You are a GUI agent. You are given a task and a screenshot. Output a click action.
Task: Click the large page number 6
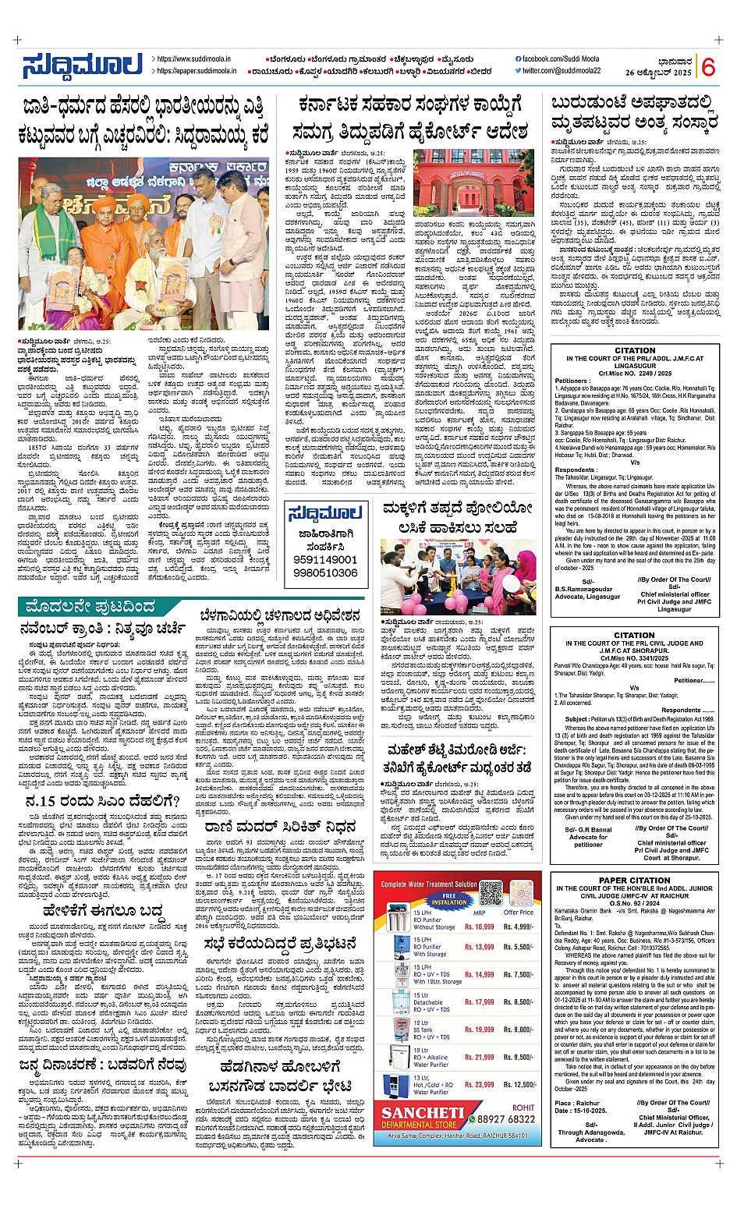tap(708, 67)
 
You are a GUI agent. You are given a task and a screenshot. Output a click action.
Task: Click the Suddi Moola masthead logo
tap(83, 66)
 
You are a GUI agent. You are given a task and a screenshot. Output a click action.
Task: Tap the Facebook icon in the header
tap(519, 59)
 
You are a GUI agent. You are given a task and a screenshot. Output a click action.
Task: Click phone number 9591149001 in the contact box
tap(325, 559)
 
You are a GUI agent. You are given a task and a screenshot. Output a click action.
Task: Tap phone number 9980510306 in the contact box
tap(325, 573)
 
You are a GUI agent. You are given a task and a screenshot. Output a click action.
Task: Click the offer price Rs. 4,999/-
tap(519, 927)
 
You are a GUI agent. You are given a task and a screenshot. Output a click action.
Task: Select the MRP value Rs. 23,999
tap(479, 1085)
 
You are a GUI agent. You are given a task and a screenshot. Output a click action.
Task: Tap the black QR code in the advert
tap(491, 893)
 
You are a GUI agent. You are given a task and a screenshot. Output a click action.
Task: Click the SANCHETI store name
tap(428, 1114)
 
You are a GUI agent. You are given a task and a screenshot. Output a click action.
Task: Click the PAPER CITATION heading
tap(633, 880)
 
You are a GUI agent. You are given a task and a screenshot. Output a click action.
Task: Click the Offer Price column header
tap(518, 913)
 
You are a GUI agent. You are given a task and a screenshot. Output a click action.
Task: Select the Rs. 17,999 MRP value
tap(479, 1002)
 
